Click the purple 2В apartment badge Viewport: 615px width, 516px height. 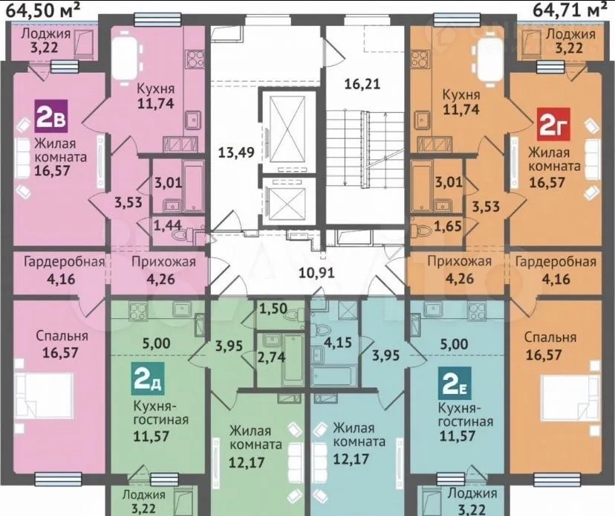52,116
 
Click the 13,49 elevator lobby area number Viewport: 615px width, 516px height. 236,152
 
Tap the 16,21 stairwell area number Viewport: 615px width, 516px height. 362,83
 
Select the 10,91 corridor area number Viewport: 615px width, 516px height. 316,272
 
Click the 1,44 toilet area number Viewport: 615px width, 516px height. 167,225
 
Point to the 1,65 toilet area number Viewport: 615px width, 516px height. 448,226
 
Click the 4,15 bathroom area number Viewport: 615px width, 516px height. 337,341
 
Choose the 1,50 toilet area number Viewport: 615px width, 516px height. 273,309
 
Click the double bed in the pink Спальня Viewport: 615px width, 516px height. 43,396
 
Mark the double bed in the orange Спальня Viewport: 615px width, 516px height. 571,397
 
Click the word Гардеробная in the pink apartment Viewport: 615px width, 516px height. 65,262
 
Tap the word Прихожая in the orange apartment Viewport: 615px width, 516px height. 459,262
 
